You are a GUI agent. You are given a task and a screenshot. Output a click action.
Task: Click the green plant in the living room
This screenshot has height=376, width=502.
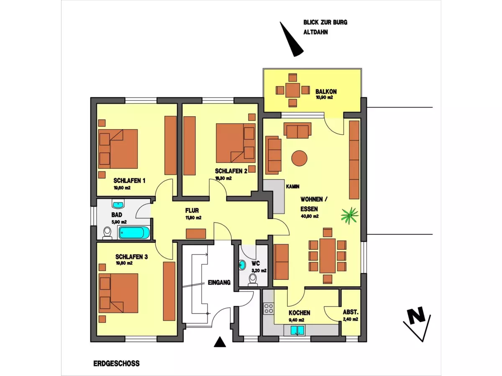[x=349, y=215]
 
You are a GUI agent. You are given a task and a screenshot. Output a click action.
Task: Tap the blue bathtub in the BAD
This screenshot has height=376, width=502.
[x=134, y=233]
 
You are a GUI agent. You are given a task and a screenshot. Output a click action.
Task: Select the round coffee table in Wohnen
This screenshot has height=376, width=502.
[x=299, y=158]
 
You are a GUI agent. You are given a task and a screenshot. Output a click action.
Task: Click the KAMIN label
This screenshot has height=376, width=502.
[x=292, y=186]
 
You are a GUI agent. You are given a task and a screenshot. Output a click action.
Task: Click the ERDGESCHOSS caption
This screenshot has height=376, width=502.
[x=116, y=363]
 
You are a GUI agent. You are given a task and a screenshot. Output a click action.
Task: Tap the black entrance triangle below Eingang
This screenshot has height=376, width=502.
[x=220, y=342]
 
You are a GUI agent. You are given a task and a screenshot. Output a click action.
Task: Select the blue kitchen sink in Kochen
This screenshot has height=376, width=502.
[x=297, y=330]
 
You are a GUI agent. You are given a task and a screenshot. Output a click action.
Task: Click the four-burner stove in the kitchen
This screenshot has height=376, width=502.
[x=268, y=308]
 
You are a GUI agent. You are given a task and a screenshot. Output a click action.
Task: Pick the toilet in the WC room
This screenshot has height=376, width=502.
[x=253, y=280]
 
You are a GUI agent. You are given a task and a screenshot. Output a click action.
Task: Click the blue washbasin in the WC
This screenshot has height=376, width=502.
[x=242, y=265]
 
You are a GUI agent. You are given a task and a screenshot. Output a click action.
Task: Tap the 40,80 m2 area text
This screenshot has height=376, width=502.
[x=310, y=216]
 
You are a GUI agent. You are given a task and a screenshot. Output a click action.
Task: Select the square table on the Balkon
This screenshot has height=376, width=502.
[x=292, y=90]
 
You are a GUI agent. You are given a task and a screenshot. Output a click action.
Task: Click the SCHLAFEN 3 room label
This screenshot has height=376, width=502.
[x=131, y=257]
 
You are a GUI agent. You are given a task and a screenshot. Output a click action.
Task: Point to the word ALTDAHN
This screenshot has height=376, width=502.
[x=315, y=32]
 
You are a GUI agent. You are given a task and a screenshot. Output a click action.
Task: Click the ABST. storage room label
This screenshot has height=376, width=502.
[x=351, y=312]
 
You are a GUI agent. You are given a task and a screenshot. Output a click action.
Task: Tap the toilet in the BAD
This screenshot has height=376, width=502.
[x=107, y=233]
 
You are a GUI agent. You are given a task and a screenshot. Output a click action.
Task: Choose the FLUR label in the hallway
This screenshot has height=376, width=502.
[x=192, y=210]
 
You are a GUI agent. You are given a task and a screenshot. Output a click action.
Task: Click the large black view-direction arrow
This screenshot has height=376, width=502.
[x=291, y=39]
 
